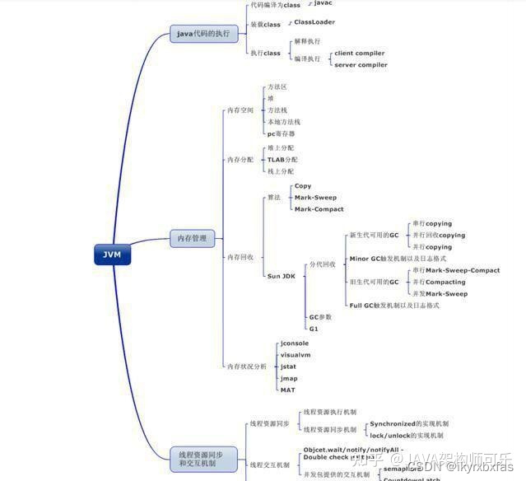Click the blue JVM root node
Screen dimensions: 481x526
112,255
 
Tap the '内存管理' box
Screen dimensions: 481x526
193,239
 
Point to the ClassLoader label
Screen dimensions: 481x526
314,22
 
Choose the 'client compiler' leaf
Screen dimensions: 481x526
359,54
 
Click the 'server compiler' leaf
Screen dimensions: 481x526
361,65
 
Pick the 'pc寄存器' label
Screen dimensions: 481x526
281,133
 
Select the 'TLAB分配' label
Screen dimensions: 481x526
282,160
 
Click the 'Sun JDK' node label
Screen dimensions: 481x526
282,276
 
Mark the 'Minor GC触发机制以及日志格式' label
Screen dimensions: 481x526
394,259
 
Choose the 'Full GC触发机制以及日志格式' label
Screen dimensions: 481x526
394,306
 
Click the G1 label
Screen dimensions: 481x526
314,329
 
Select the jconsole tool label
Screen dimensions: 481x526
295,343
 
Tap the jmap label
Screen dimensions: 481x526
289,378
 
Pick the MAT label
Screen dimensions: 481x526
287,390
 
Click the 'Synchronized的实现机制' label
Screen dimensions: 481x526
409,423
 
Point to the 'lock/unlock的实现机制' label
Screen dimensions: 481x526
407,435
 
